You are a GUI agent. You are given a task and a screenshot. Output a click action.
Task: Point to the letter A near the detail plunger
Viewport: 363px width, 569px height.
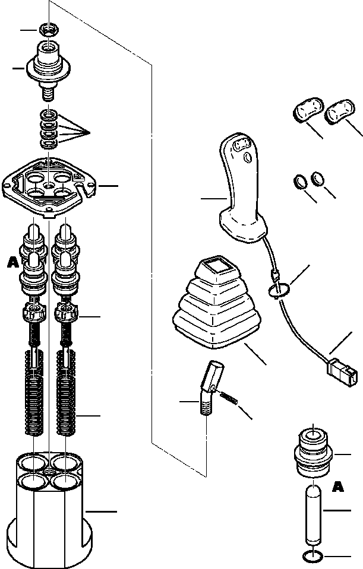coord(337,487)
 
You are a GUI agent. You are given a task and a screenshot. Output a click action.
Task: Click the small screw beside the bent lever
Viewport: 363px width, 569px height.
coord(231,400)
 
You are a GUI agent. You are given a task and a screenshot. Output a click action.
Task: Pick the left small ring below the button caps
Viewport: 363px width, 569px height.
coord(301,180)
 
